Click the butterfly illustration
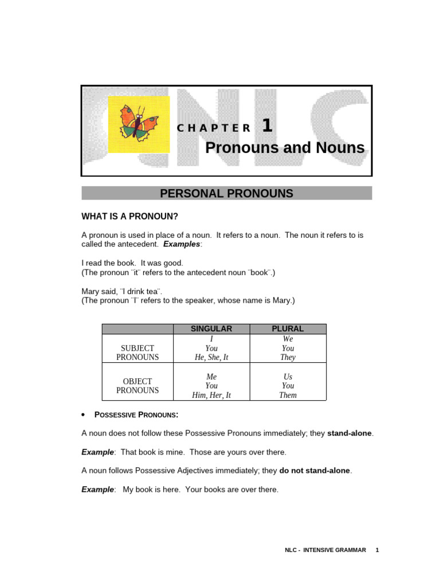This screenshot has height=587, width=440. click(138, 124)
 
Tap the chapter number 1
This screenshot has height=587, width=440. click(267, 126)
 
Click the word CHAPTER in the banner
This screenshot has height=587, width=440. click(214, 128)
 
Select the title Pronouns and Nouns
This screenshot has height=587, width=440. click(285, 148)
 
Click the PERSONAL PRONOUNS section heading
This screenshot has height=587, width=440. click(226, 194)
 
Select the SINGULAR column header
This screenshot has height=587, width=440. click(211, 329)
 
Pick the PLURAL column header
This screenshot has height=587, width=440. click(288, 329)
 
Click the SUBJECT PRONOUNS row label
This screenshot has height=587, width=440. click(137, 353)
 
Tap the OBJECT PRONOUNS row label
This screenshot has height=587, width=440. click(137, 386)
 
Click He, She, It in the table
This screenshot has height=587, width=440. click(211, 357)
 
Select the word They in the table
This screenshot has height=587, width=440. click(288, 357)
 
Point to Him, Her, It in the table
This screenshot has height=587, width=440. click(211, 395)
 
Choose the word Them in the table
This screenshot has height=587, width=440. click(288, 395)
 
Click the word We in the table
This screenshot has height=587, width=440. click(288, 339)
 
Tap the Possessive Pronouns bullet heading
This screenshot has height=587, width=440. click(136, 414)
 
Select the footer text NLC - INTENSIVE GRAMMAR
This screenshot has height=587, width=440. click(325, 550)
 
